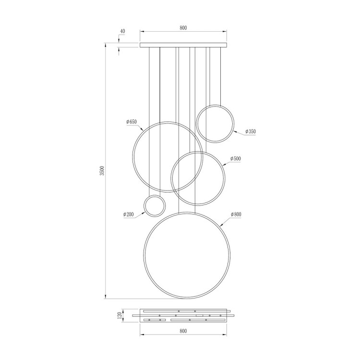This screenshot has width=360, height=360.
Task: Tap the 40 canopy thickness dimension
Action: pyautogui.click(x=122, y=31)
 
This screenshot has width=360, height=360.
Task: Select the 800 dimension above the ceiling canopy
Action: pyautogui.click(x=183, y=28)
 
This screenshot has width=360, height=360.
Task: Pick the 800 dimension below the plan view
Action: pyautogui.click(x=183, y=331)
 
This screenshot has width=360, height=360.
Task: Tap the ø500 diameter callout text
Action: pyautogui.click(x=235, y=158)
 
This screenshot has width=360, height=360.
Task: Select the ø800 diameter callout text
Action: pyautogui.click(x=236, y=214)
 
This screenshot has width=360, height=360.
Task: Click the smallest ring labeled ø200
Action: pyautogui.click(x=155, y=206)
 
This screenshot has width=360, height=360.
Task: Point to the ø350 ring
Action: pyautogui.click(x=216, y=123)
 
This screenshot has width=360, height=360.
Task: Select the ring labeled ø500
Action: pyautogui.click(x=198, y=178)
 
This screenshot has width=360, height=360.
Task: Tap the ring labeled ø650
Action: pyautogui.click(x=168, y=156)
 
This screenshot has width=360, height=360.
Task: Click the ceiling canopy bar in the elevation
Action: pyautogui.click(x=183, y=46)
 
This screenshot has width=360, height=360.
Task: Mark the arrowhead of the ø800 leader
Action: pyautogui.click(x=220, y=225)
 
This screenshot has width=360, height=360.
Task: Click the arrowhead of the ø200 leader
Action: pyautogui.click(x=146, y=211)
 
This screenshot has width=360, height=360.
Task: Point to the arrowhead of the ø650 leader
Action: pyautogui.click(x=143, y=130)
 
